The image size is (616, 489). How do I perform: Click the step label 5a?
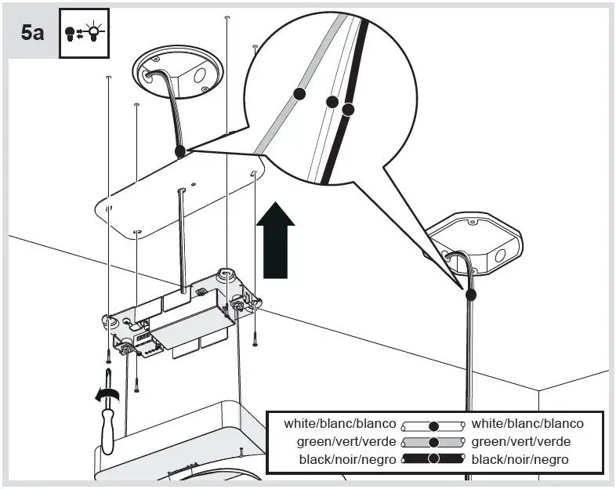[33, 34]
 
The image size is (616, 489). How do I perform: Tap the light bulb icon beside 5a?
[84, 34]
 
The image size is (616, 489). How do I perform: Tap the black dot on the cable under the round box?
[180, 151]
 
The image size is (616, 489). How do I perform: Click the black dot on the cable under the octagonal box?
[470, 295]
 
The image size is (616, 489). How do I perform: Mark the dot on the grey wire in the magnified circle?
[299, 93]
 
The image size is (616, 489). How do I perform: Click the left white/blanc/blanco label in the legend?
[340, 424]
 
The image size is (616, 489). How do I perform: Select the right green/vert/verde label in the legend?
[521, 441]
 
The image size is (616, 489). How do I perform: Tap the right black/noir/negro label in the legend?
[520, 459]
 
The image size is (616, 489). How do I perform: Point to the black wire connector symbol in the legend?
[433, 459]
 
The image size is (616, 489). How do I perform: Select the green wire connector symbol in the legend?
[433, 442]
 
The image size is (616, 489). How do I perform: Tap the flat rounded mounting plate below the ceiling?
[180, 204]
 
